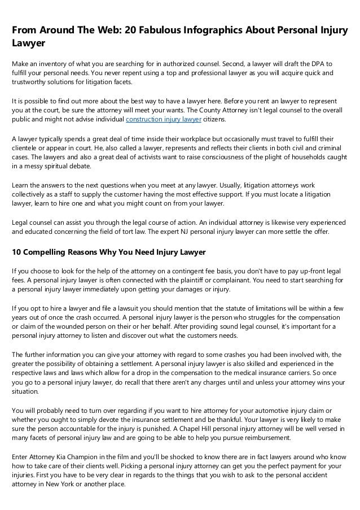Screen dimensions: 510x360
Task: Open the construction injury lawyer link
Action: tap(163, 120)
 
